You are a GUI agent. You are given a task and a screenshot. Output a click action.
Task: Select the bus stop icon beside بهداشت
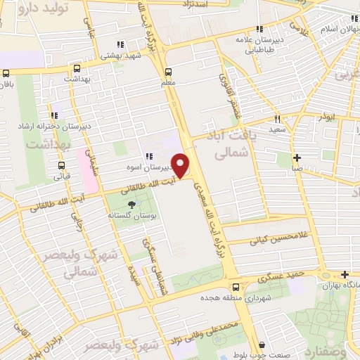tap(76, 69)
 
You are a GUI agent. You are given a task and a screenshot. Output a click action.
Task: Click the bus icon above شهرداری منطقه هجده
tap(236, 286)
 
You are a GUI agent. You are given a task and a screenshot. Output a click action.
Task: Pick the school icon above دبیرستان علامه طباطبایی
tap(259, 30)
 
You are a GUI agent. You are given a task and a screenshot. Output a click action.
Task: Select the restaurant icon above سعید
tap(278, 119)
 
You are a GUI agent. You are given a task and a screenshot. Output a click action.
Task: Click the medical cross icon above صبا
tap(297, 157)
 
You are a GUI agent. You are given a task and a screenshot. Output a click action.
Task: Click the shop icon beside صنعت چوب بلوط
tap(262, 345)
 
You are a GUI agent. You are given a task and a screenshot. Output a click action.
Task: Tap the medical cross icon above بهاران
tap(344, 274)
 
